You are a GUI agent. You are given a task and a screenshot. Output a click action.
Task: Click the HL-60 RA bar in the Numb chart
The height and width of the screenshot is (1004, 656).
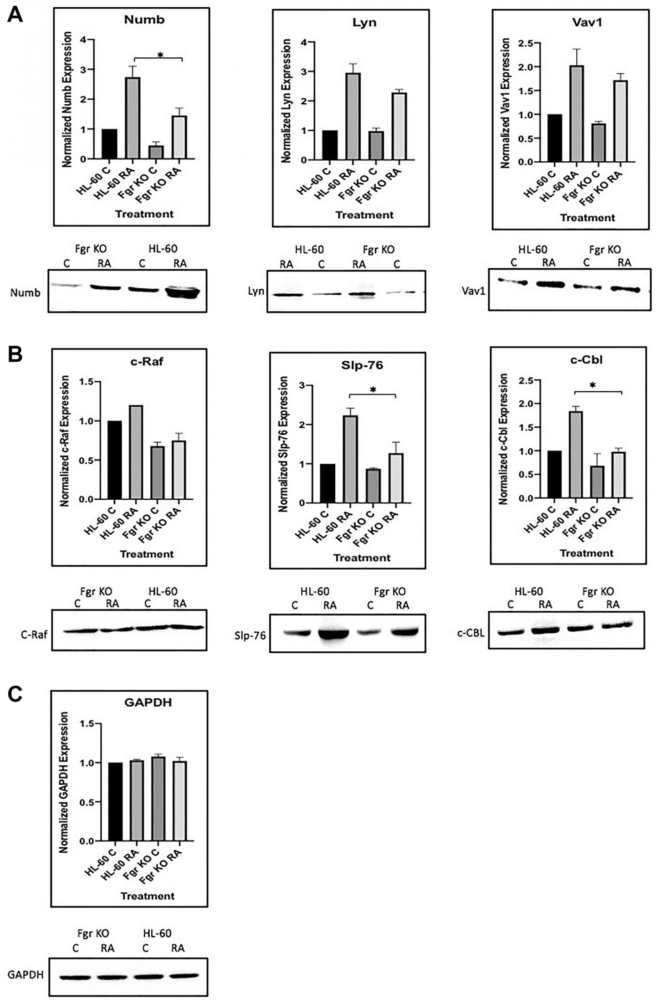[132, 118]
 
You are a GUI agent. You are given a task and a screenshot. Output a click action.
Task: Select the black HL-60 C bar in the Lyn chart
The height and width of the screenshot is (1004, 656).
[329, 145]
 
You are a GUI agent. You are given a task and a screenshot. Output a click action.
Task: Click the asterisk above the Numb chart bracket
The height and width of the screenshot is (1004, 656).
[160, 56]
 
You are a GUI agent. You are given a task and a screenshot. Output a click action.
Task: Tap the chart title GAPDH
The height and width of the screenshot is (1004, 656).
[148, 702]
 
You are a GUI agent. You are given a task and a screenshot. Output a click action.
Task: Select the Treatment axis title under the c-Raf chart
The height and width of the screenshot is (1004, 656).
[147, 554]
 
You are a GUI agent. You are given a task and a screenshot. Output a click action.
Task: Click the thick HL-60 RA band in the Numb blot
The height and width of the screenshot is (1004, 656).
[181, 292]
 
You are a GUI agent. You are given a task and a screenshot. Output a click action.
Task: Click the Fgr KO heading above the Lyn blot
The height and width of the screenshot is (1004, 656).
[379, 250]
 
